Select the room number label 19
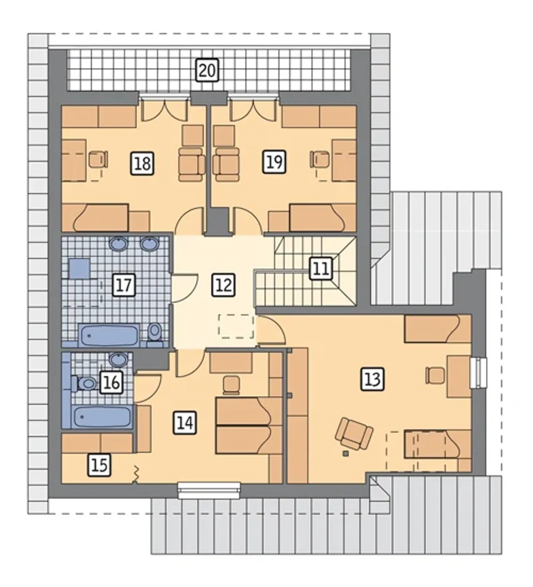274,162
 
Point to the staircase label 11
321,269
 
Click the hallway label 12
223,285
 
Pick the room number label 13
372,379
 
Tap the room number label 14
185,423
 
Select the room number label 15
100,465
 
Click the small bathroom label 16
112,383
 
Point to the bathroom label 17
124,285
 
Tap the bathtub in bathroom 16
102,416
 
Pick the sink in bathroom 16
118,359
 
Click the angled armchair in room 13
354,433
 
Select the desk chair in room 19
320,159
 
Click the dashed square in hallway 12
236,326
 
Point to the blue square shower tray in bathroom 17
79,268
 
